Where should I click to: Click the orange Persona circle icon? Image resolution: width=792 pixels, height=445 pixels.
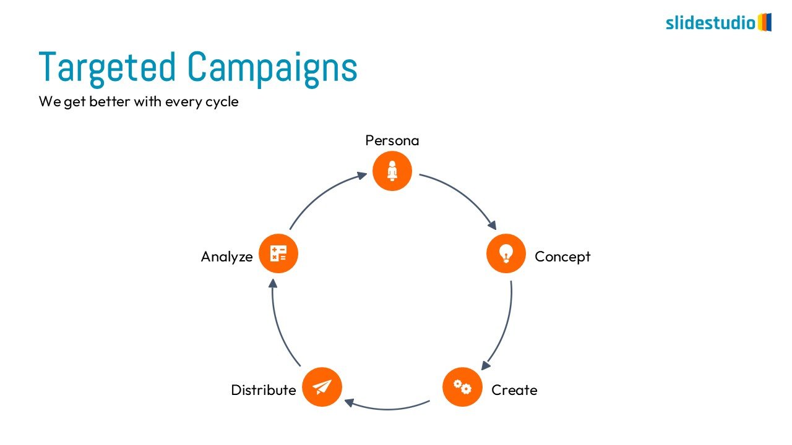pyautogui.click(x=392, y=171)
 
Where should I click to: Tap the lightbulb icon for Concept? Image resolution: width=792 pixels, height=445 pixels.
pyautogui.click(x=506, y=253)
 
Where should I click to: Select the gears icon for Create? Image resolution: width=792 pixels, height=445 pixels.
pyautogui.click(x=462, y=387)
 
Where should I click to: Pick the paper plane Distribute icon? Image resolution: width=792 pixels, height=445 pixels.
pyautogui.click(x=322, y=387)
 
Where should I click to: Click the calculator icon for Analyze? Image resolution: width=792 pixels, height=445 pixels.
pyautogui.click(x=278, y=253)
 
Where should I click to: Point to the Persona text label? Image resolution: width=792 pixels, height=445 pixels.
pyautogui.click(x=392, y=140)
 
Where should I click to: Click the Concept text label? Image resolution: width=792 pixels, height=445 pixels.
pyautogui.click(x=562, y=256)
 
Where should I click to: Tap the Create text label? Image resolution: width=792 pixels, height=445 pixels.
pyautogui.click(x=514, y=390)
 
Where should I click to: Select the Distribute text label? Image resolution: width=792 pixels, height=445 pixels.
pyautogui.click(x=264, y=390)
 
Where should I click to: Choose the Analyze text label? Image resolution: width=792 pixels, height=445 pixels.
pyautogui.click(x=227, y=256)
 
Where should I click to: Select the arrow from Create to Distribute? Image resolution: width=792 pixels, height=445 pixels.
pyautogui.click(x=387, y=408)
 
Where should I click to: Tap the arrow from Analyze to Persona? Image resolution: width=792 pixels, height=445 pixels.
pyautogui.click(x=322, y=196)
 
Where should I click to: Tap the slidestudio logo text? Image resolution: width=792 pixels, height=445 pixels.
pyautogui.click(x=710, y=23)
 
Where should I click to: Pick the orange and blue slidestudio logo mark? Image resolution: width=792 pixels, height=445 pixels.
pyautogui.click(x=765, y=22)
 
